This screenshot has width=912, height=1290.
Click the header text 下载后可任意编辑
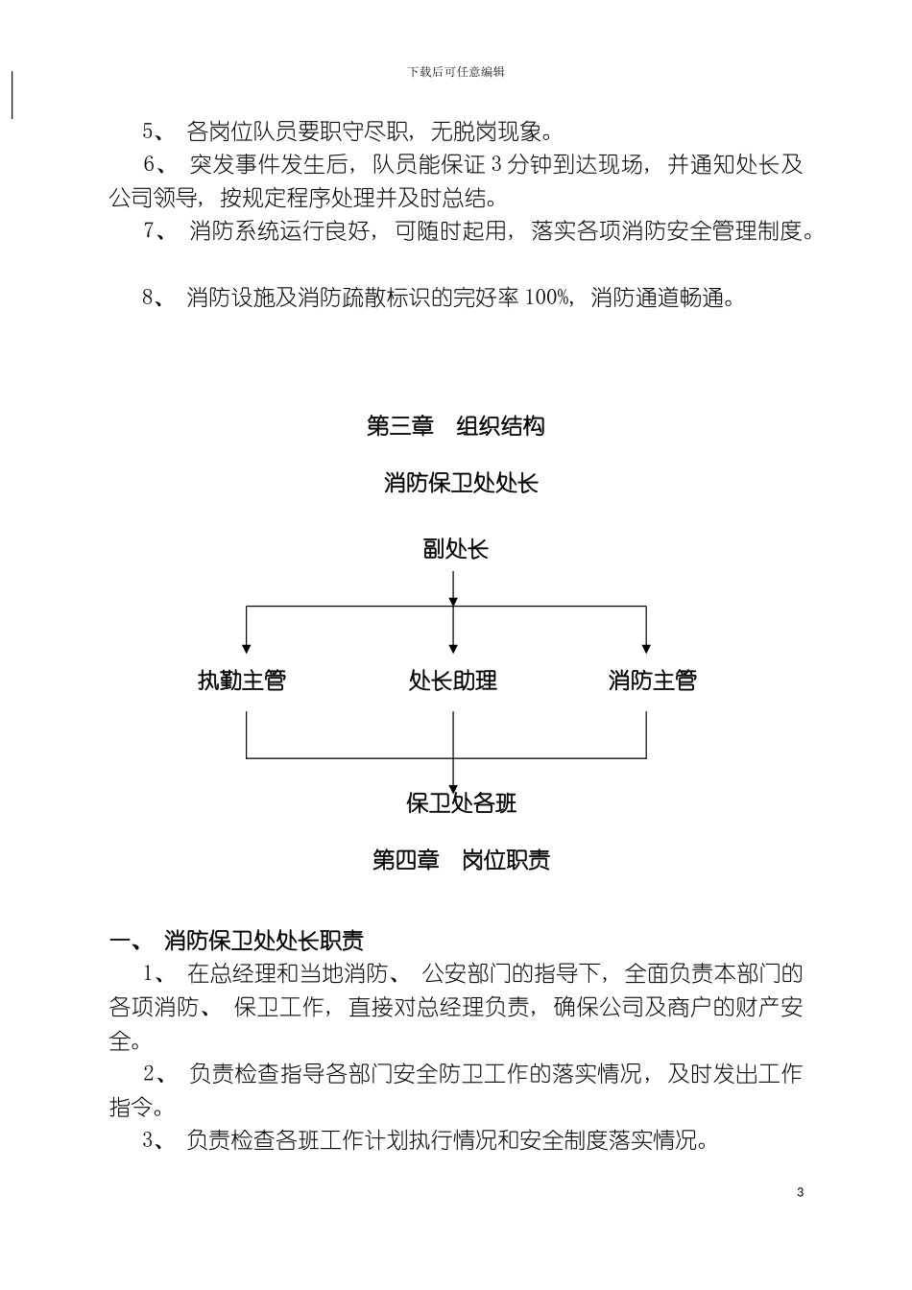456,72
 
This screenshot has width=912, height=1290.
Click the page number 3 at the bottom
801,1192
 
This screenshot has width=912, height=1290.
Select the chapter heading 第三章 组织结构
456,425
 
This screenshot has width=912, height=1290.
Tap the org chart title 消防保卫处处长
461,483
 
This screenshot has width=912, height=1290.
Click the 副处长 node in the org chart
455,549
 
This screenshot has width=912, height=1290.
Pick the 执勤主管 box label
242,681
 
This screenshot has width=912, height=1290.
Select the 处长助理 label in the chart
453,681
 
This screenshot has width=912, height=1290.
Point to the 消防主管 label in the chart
653,681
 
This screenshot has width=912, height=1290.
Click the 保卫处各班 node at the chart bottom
462,802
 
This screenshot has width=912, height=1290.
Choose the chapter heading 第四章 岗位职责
461,859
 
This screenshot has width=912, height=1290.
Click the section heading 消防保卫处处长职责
264,940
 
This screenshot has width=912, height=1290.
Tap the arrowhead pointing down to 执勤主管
247,648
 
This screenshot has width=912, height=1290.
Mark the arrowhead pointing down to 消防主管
646,648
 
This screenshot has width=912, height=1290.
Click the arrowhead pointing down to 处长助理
453,648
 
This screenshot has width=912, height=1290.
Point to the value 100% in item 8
548,298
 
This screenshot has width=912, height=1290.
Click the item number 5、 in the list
153,131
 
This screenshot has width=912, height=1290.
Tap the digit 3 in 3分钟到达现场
495,165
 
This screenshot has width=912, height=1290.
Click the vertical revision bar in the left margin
12,95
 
